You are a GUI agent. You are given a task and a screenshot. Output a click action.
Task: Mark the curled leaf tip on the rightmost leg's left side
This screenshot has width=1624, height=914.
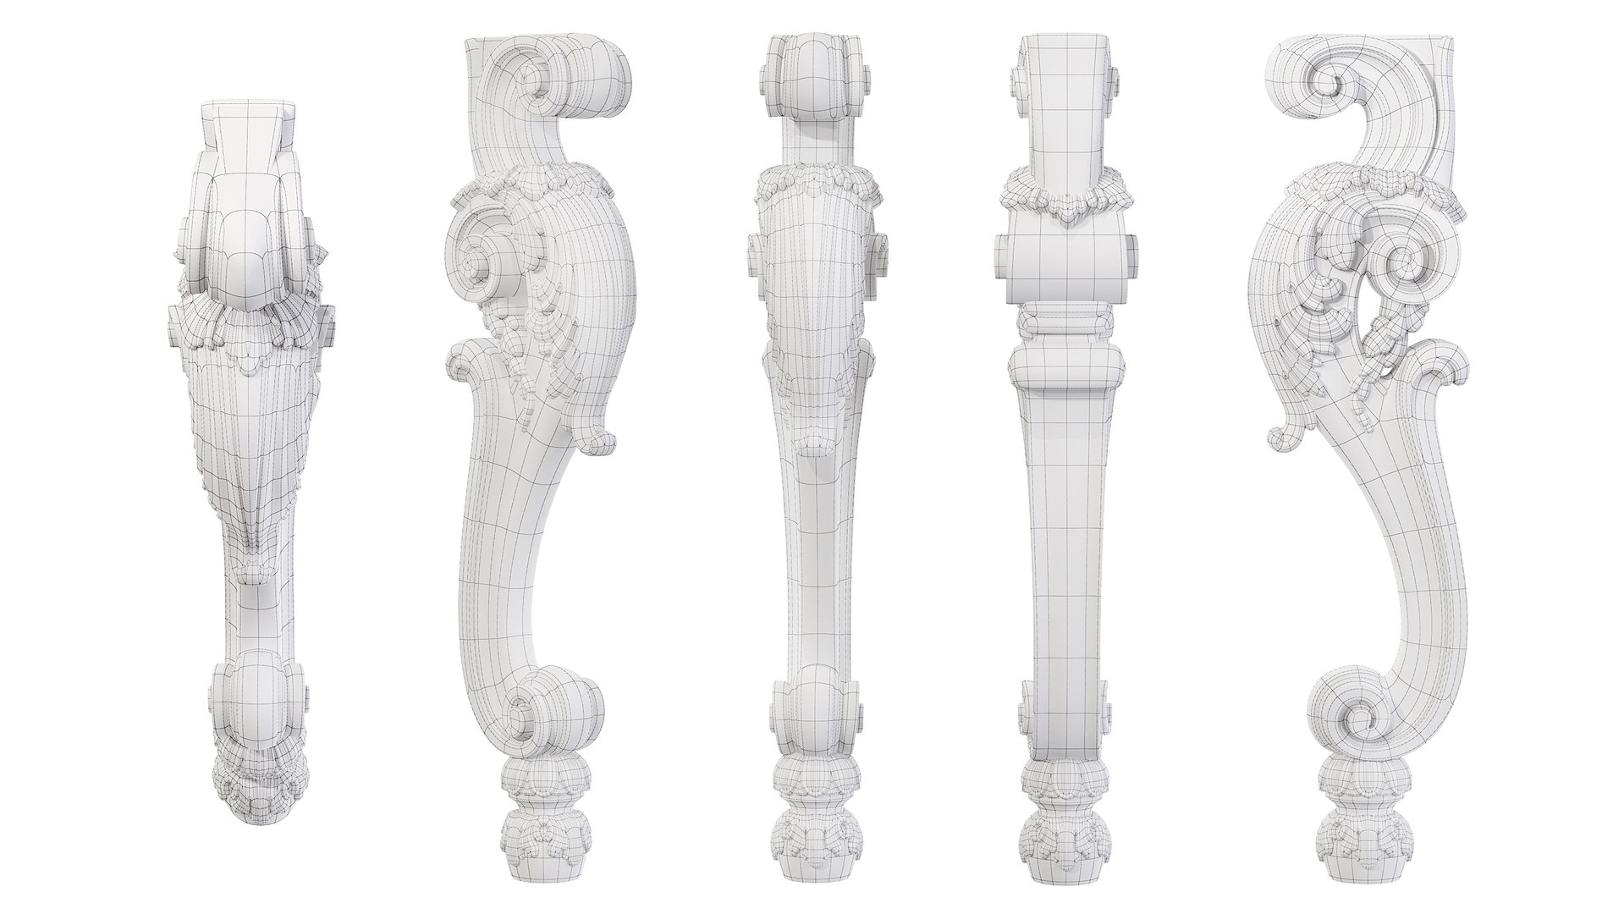pyautogui.click(x=1281, y=434)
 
